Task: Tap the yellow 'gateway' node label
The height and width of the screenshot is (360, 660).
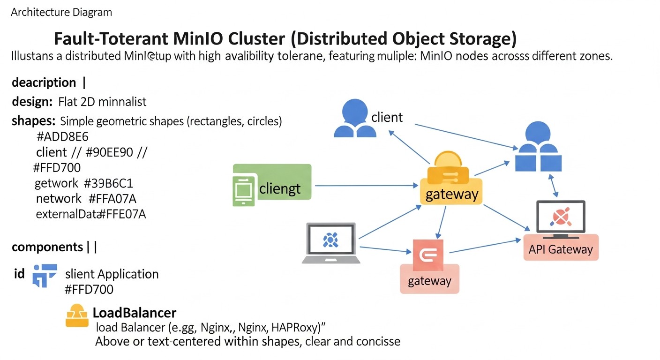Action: (x=451, y=194)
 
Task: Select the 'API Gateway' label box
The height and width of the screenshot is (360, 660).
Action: (x=561, y=249)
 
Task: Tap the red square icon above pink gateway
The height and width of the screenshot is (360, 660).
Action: (x=427, y=253)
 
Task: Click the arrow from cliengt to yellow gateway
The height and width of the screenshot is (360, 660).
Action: (x=366, y=186)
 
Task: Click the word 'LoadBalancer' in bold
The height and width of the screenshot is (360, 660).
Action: (x=134, y=313)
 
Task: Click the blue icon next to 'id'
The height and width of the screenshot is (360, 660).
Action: (x=44, y=275)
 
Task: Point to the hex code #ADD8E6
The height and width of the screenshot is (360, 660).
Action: (x=62, y=137)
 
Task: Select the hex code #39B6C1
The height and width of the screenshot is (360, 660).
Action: (x=112, y=183)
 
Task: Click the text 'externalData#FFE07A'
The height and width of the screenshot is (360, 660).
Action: (x=91, y=214)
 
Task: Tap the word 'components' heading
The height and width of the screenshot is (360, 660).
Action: (x=47, y=247)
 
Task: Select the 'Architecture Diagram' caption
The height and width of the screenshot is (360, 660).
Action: (x=61, y=13)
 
